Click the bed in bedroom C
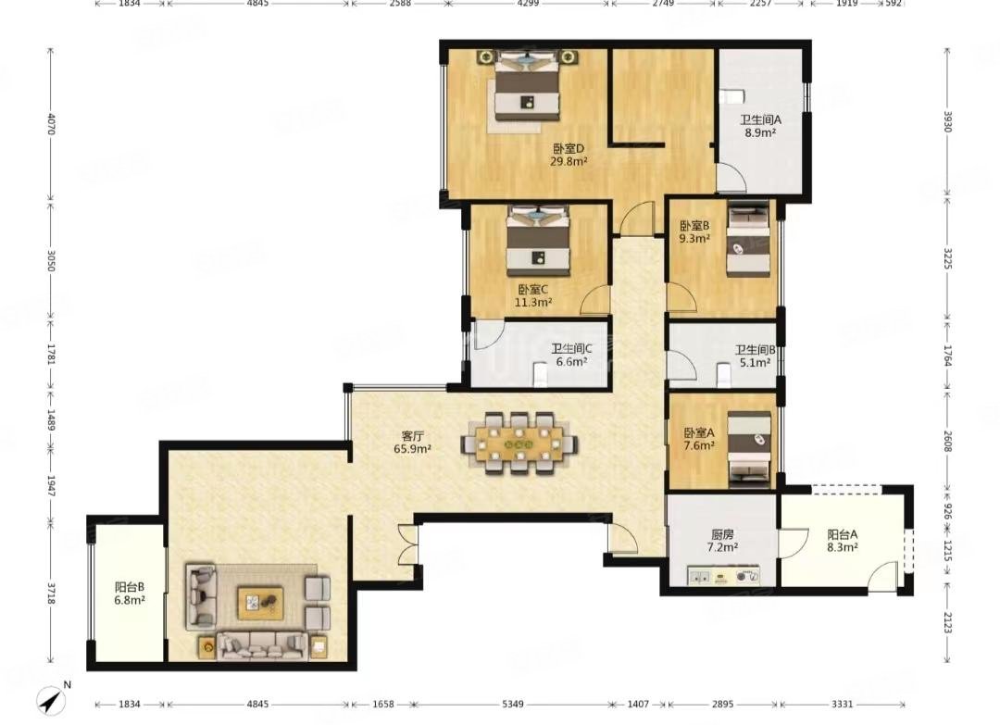[538, 241]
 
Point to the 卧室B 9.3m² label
[694, 232]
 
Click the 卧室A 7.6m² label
[699, 439]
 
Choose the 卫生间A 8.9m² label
[760, 126]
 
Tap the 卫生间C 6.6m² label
[571, 356]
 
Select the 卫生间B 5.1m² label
[756, 356]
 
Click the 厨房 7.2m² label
[722, 541]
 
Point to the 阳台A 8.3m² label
[843, 541]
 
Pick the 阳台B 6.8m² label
[131, 593]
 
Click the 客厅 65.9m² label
[413, 442]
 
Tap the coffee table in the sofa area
[260, 603]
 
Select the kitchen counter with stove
[723, 575]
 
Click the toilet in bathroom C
[540, 375]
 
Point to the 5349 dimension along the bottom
[513, 704]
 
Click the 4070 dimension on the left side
[51, 124]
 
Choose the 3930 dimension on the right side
[948, 121]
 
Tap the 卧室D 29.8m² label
[569, 155]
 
